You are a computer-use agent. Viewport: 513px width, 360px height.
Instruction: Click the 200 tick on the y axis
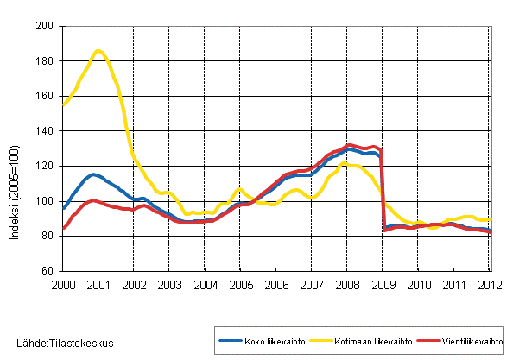(47, 27)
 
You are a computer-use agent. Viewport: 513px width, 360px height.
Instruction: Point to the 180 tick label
(47, 61)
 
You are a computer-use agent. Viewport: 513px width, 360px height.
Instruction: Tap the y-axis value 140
(47, 131)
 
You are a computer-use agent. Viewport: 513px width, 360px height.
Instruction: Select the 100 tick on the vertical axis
(47, 201)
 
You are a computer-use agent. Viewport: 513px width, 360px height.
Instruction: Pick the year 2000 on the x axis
(62, 284)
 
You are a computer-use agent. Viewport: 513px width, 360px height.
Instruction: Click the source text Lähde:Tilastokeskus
(57, 344)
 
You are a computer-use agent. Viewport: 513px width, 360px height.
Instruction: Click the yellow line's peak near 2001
(98, 51)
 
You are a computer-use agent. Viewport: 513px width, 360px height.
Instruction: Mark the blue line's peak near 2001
(94, 174)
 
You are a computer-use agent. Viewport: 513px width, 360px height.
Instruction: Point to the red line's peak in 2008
(349, 145)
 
